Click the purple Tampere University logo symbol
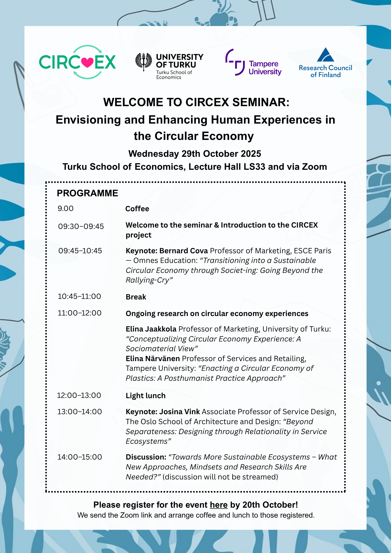coord(235,62)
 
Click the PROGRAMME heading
coord(87,193)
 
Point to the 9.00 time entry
coord(66,208)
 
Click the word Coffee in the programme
coord(137,209)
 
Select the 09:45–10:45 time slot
coord(80,251)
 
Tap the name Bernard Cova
coord(184,251)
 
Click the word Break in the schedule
coord(136,297)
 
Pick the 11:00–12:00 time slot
coord(80,313)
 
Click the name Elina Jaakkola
coord(151,329)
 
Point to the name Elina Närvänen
coord(153,359)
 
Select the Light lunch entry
coord(145,396)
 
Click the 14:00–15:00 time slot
coord(80,457)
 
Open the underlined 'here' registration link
coord(218,505)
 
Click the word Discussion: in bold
coord(146,457)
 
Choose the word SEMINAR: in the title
coord(261,102)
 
